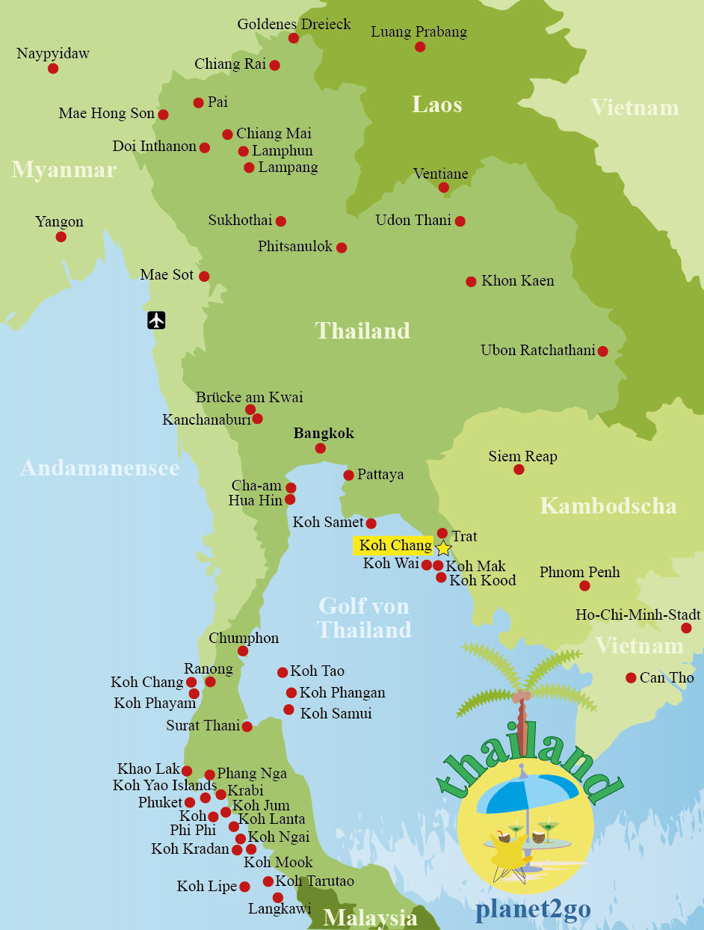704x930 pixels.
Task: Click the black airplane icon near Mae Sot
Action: pos(156,320)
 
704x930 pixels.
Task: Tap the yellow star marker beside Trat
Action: pos(443,548)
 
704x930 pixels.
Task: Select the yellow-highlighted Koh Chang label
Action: pos(395,546)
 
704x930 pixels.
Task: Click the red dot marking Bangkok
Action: pos(321,449)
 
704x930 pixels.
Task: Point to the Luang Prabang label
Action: pos(419,31)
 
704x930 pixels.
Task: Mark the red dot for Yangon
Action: pos(61,237)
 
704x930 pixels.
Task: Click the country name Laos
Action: pos(436,105)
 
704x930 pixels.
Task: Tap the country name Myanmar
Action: pos(64,170)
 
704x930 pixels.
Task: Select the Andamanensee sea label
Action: pos(99,468)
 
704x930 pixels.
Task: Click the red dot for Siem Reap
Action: pos(519,469)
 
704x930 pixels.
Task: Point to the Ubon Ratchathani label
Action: pos(537,351)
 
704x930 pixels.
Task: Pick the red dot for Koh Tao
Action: pos(282,673)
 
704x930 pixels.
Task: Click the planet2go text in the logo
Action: pos(533,910)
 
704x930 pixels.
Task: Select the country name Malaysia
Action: pos(370,917)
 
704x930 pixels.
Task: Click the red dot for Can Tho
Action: pos(631,678)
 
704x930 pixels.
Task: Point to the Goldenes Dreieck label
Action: pos(294,25)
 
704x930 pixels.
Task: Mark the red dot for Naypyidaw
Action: pos(53,69)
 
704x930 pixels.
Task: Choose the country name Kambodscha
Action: pos(608,506)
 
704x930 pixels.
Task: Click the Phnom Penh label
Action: pos(579,573)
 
